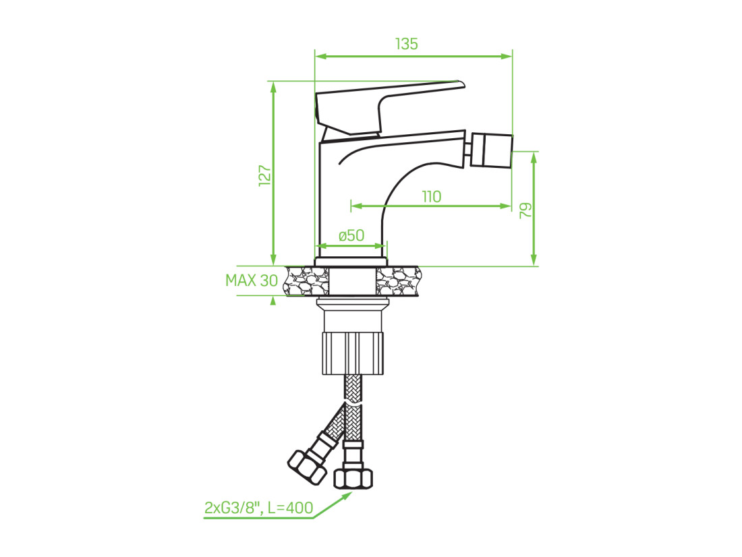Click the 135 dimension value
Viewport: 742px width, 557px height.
(407, 44)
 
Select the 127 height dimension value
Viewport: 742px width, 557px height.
(265, 175)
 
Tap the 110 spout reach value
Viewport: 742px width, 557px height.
(432, 196)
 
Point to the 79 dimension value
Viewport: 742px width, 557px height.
(525, 210)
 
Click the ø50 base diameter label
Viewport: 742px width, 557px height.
(351, 235)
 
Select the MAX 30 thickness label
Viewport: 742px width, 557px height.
(252, 280)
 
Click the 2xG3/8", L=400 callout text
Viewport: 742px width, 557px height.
(259, 507)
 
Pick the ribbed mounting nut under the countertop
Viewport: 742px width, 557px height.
(353, 353)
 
